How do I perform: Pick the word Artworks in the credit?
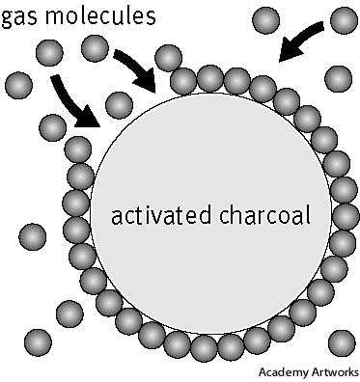(x=334, y=372)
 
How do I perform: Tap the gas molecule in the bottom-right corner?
(x=341, y=341)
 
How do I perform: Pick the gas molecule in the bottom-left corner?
(x=37, y=341)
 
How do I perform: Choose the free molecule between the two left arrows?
(x=118, y=104)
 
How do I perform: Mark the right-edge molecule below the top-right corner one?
(x=338, y=78)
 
